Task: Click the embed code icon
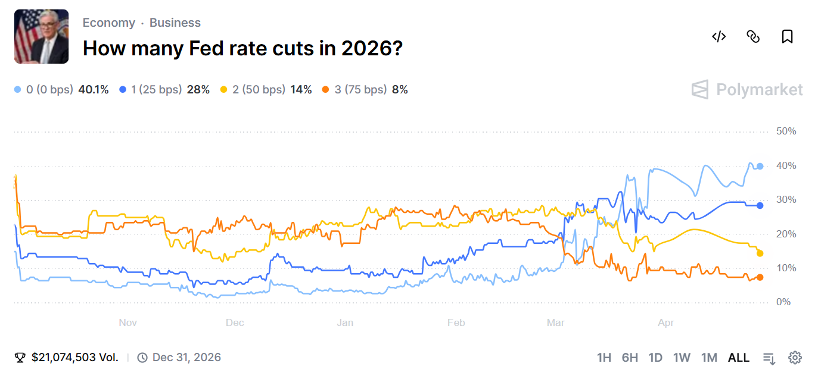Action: (719, 37)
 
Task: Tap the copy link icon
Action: (753, 37)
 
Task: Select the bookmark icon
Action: (787, 37)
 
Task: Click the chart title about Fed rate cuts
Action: (242, 48)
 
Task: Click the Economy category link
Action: (108, 23)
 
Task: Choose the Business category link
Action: (175, 23)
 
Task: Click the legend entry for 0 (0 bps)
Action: (61, 90)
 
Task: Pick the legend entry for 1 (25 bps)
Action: (164, 90)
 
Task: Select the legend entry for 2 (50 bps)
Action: (266, 90)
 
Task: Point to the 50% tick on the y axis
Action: (786, 131)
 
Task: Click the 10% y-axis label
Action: (786, 268)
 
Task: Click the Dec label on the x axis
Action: (235, 322)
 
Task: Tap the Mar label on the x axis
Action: (555, 322)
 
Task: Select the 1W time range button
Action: (682, 358)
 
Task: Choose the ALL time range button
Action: (739, 358)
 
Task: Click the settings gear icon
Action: (795, 358)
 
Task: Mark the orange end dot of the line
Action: (760, 277)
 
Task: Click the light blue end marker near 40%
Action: (760, 166)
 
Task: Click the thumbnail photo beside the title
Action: (41, 36)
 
